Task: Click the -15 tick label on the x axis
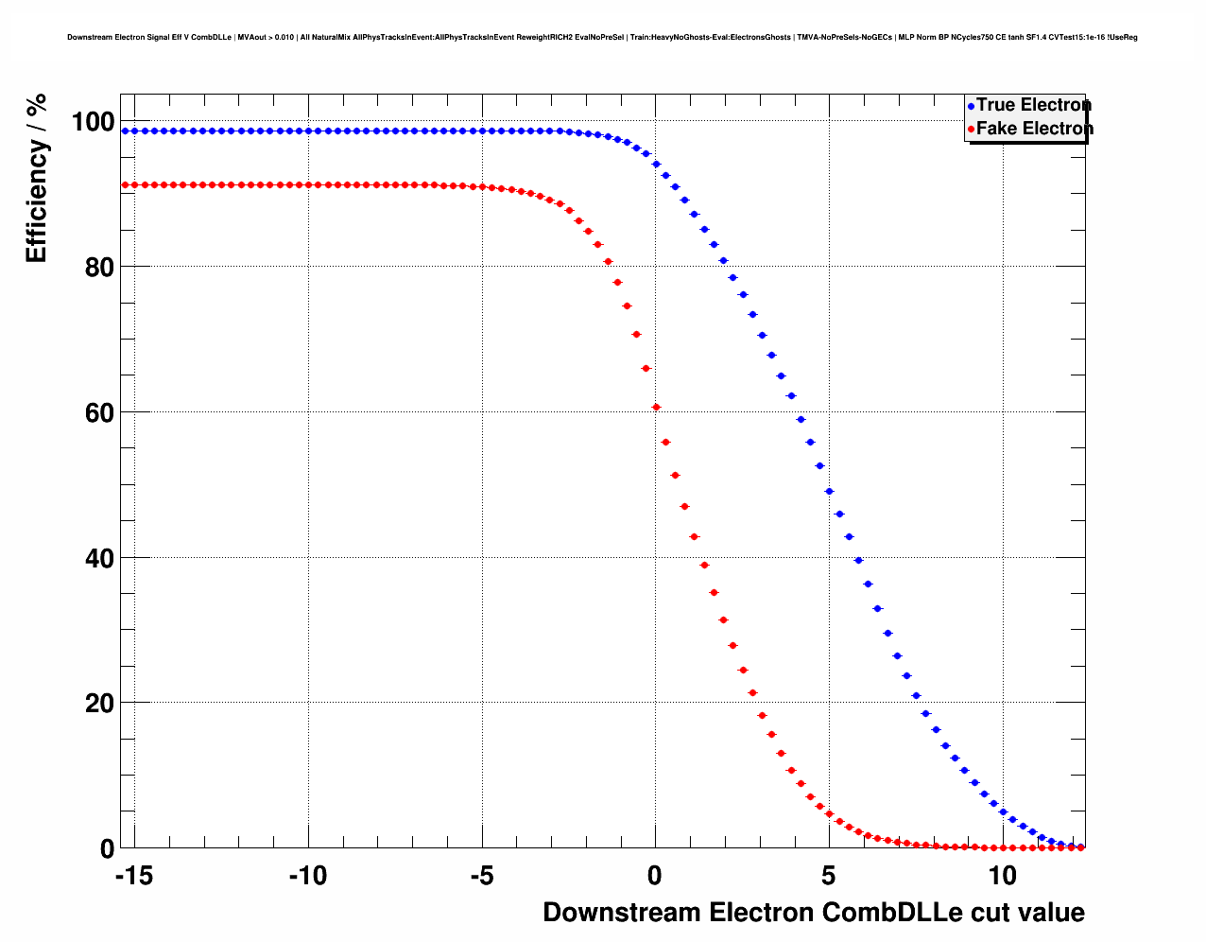[133, 876]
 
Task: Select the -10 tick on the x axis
[307, 876]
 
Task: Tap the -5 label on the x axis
[481, 876]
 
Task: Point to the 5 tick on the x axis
[829, 876]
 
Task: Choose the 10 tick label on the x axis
[1002, 876]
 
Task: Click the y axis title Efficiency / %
[36, 179]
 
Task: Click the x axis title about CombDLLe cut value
[813, 913]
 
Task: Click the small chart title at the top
[602, 38]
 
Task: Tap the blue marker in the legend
[971, 106]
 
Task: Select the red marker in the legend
[971, 130]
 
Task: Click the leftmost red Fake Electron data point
[126, 185]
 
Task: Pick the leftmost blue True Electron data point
[126, 131]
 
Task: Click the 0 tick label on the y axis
[107, 849]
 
